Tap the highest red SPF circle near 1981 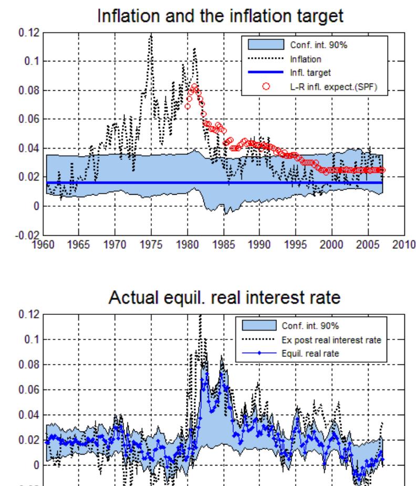pos(194,86)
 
